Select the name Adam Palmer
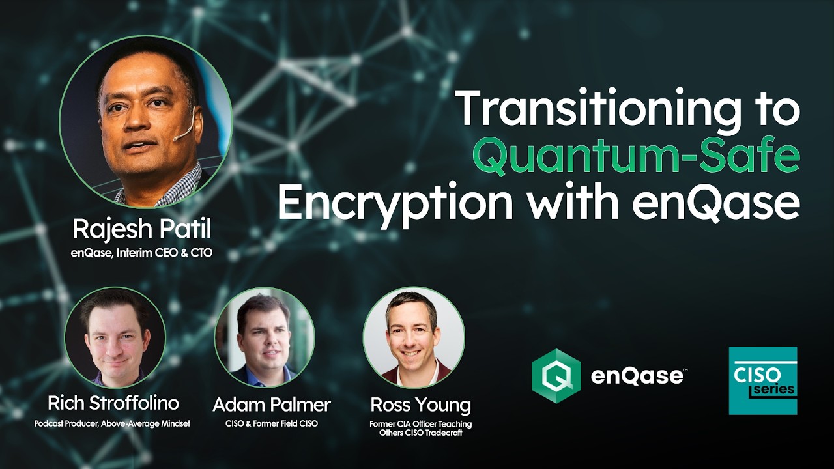[x=272, y=405]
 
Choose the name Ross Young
[x=420, y=405]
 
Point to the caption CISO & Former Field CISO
[x=272, y=424]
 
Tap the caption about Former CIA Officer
[x=420, y=428]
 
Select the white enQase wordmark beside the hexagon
[x=637, y=376]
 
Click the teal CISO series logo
[x=763, y=380]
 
